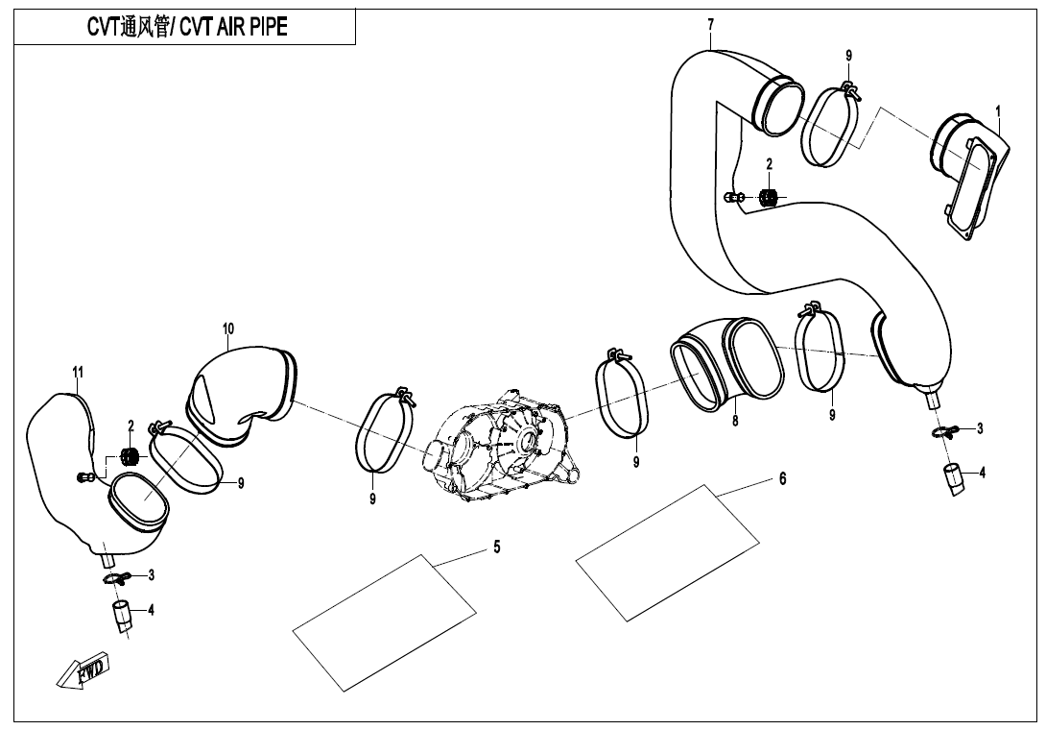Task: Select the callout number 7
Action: [710, 23]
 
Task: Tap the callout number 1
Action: [998, 111]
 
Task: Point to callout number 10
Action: [228, 328]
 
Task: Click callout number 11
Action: [78, 372]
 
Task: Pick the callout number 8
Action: [734, 420]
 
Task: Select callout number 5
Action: [496, 547]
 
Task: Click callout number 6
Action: [782, 477]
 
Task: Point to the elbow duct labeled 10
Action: [245, 394]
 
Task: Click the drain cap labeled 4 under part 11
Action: [123, 616]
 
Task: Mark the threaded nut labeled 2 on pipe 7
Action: [768, 197]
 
